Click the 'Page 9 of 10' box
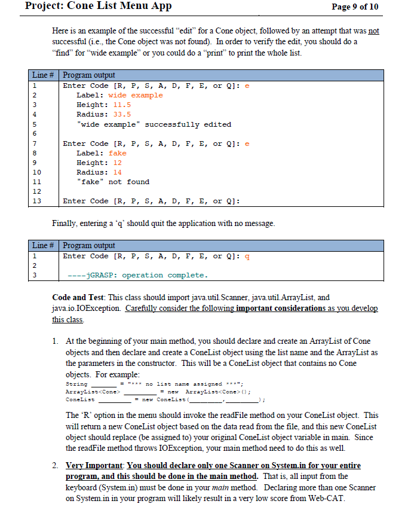point(355,7)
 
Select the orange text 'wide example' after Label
point(135,96)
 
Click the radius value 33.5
point(121,115)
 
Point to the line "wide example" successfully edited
point(154,124)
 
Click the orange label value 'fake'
point(117,153)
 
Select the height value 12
point(117,163)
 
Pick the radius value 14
point(117,172)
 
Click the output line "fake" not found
point(113,182)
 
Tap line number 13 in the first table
point(36,201)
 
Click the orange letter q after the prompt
point(248,256)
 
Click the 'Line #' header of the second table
point(44,246)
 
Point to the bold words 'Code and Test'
point(79,297)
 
